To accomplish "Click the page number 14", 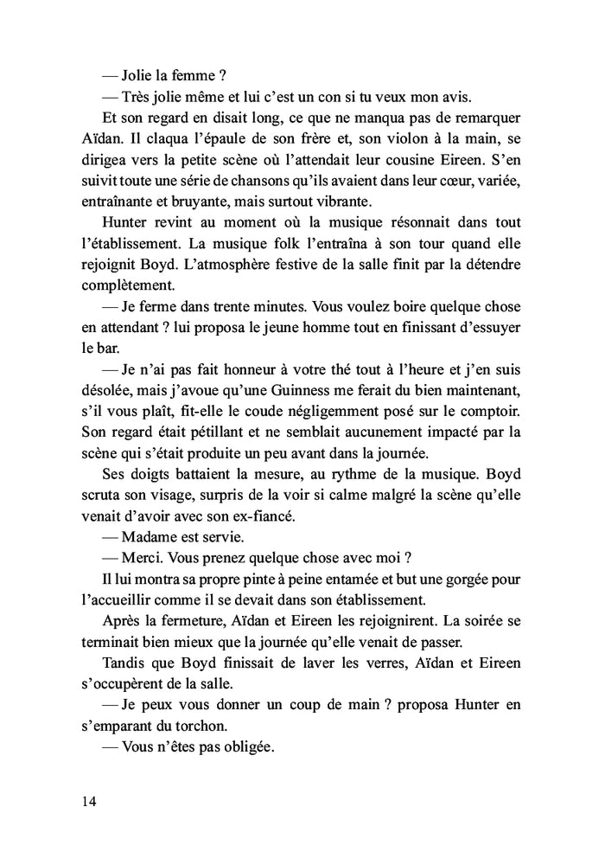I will click(86, 801).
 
